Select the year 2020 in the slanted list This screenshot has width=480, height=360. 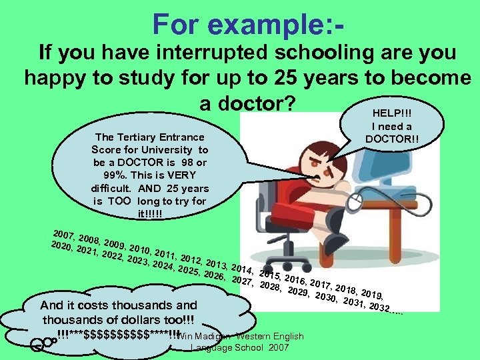coord(61,247)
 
